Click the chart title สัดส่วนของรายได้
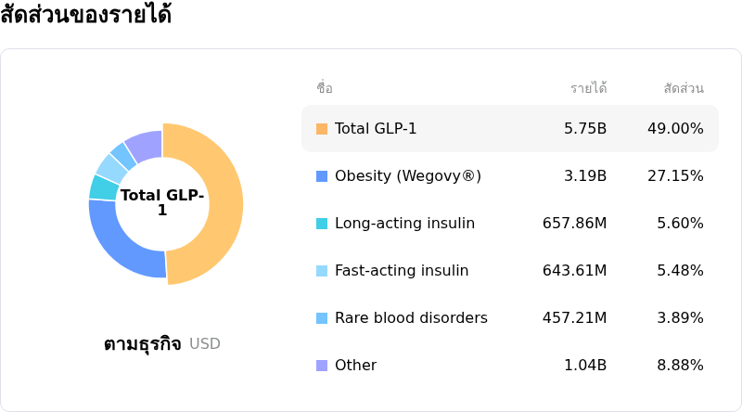pyautogui.click(x=85, y=16)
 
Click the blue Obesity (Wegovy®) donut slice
pyautogui.click(x=121, y=246)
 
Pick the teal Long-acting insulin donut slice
pyautogui.click(x=104, y=187)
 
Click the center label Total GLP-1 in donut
pyautogui.click(x=162, y=203)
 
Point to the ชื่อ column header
pyautogui.click(x=325, y=89)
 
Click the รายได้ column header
pyautogui.click(x=588, y=89)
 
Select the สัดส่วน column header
pyautogui.click(x=684, y=89)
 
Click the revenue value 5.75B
pyautogui.click(x=585, y=129)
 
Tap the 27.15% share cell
pyautogui.click(x=675, y=176)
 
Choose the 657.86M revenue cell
pyautogui.click(x=574, y=224)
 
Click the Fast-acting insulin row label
pyautogui.click(x=402, y=271)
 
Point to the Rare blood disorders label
pyautogui.click(x=411, y=318)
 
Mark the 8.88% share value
pyautogui.click(x=680, y=366)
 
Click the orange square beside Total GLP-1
pyautogui.click(x=322, y=129)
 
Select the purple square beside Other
pyautogui.click(x=322, y=366)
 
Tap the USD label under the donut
pyautogui.click(x=205, y=344)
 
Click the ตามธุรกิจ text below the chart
pyautogui.click(x=142, y=344)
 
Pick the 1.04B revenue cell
pyautogui.click(x=585, y=366)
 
